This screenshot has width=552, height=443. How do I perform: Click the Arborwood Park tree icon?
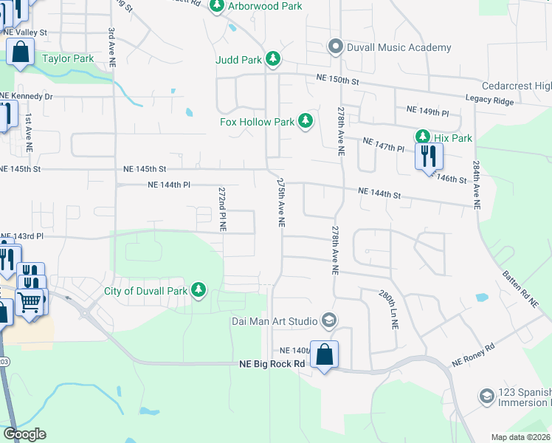217,7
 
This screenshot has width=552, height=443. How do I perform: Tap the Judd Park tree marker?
273,58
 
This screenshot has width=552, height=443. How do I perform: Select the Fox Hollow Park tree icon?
306,122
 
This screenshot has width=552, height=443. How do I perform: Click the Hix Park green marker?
423,137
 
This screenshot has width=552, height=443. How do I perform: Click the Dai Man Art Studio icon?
329,320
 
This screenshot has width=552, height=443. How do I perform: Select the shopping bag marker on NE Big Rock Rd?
324,355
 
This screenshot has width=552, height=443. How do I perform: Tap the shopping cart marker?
30,301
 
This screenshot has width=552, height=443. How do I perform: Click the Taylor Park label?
68,58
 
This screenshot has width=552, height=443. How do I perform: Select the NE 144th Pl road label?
169,185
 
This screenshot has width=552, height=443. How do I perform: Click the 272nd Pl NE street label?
222,210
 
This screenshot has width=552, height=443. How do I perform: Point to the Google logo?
24,434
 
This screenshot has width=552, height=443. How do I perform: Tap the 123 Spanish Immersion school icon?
486,396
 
